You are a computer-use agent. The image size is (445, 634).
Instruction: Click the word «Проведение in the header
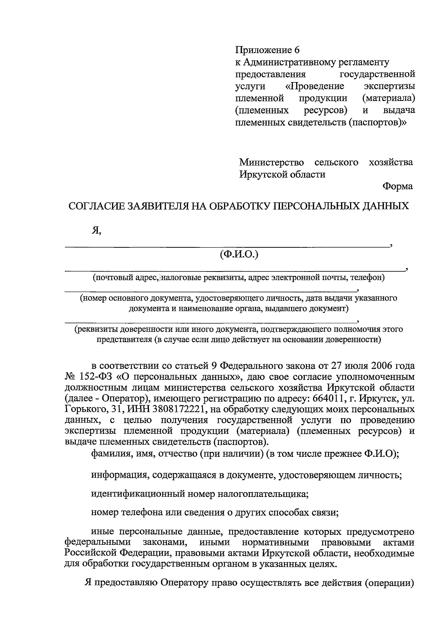pos(315,86)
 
